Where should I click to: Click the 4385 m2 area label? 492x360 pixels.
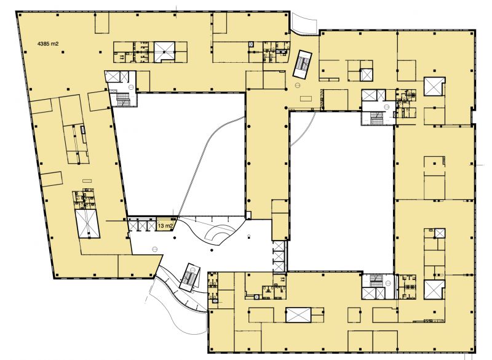(x=48, y=44)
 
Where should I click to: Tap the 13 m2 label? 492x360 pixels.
(x=165, y=226)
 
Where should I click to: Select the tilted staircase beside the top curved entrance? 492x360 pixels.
(x=302, y=64)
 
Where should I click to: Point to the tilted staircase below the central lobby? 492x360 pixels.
(x=189, y=278)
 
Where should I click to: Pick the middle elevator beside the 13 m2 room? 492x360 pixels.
(x=143, y=226)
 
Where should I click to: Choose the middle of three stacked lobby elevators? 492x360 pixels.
(x=279, y=256)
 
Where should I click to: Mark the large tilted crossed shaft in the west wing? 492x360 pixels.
(x=87, y=224)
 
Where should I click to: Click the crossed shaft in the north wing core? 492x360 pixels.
(x=164, y=51)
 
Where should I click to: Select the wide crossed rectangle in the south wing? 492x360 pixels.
(x=298, y=315)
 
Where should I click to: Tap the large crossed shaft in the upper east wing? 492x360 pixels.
(x=434, y=86)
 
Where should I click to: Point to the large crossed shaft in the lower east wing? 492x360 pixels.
(x=434, y=289)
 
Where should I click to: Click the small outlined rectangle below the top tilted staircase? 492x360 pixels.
(x=306, y=98)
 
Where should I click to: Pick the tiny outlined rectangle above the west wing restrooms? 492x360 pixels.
(x=87, y=181)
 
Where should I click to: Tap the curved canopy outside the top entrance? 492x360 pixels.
(x=304, y=23)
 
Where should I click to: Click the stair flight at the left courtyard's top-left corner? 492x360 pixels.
(x=122, y=98)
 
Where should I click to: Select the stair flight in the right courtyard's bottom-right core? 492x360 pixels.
(x=376, y=280)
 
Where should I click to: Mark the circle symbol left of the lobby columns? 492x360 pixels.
(x=154, y=249)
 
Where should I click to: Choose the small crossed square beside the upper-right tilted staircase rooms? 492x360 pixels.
(x=366, y=74)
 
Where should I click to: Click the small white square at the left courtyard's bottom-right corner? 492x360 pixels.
(x=248, y=215)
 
